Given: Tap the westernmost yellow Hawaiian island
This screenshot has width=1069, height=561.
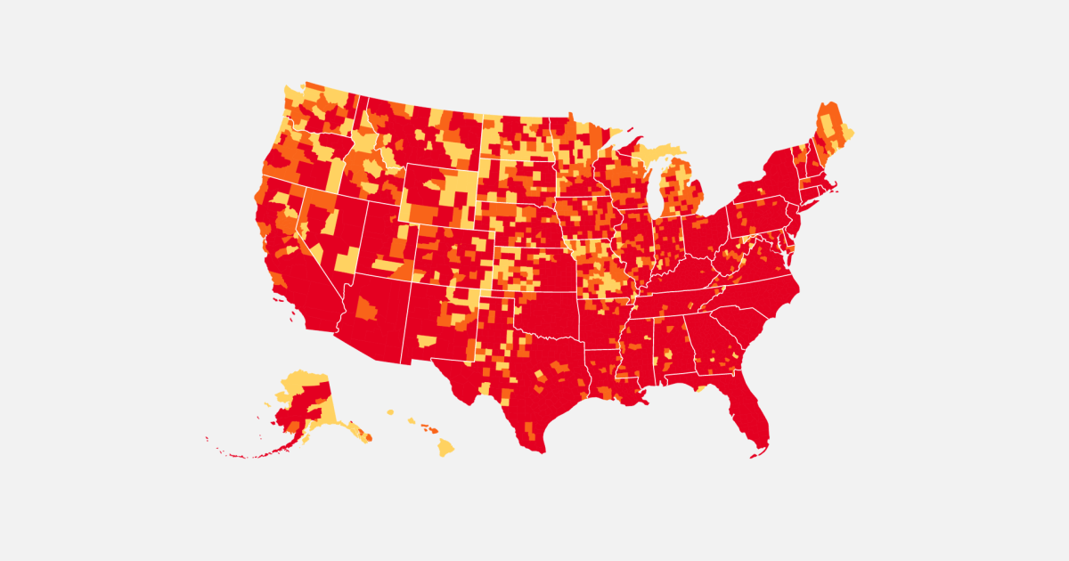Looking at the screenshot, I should pos(390,412).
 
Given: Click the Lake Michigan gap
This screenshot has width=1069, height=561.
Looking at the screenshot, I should pos(657,191).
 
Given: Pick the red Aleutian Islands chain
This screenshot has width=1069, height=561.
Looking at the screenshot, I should pos(241,454).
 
